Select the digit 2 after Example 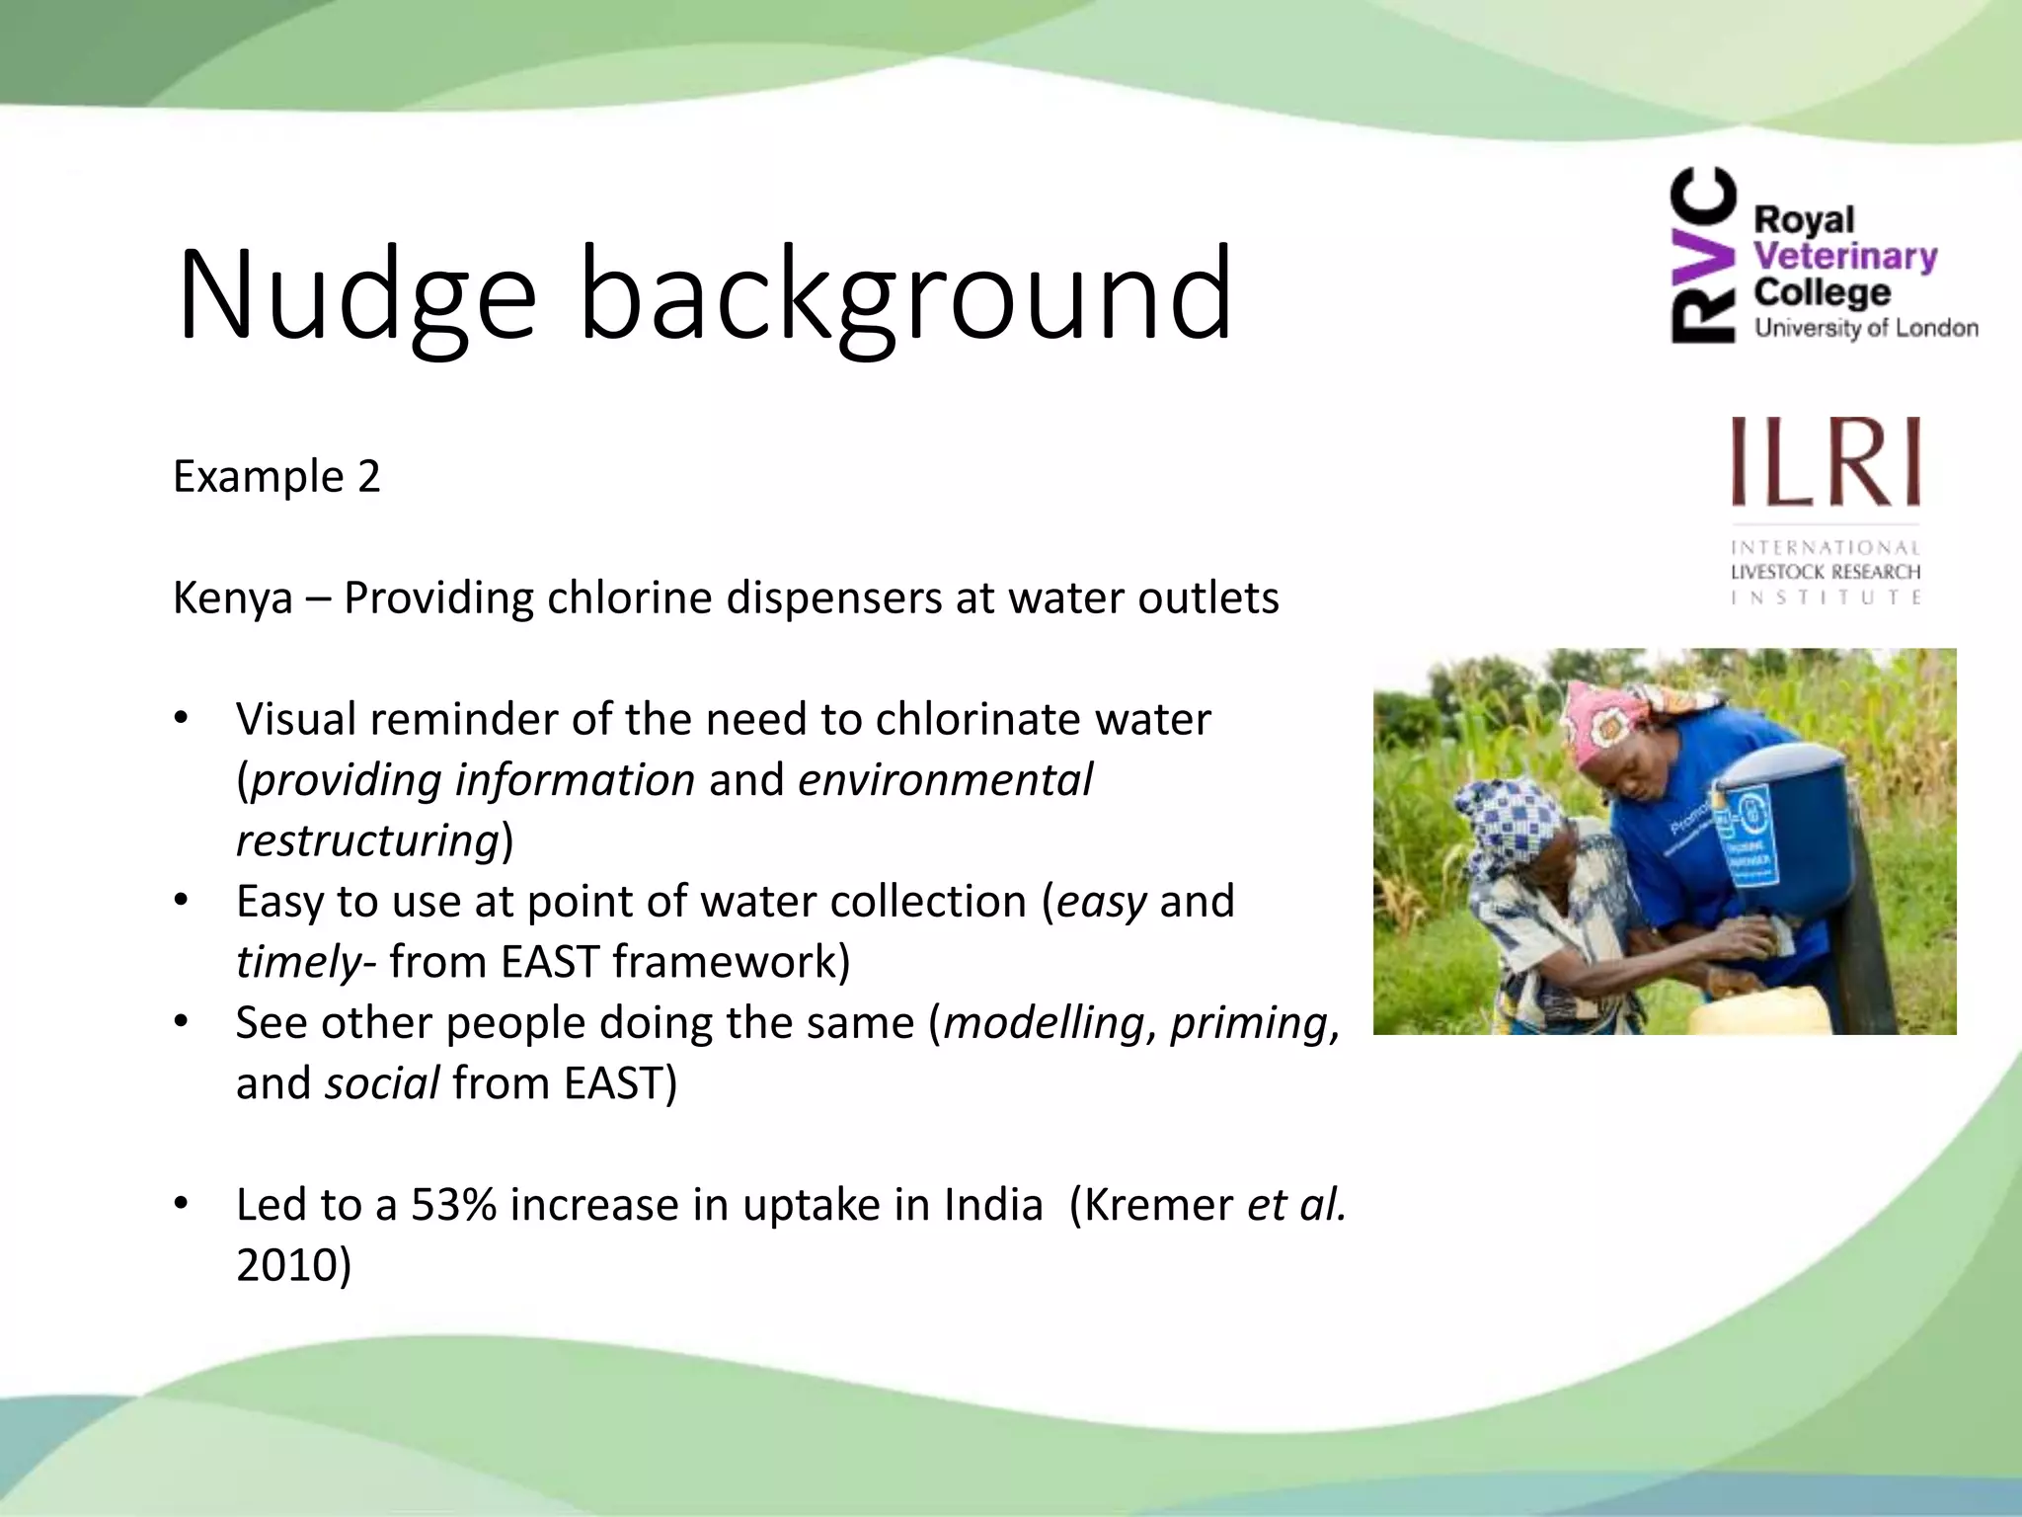[368, 477]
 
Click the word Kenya [232, 599]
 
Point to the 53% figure [453, 1205]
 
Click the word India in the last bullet [992, 1205]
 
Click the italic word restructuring [367, 841]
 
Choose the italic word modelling [1045, 1023]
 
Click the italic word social [382, 1084]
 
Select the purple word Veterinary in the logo [1844, 256]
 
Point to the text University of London [1865, 328]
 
